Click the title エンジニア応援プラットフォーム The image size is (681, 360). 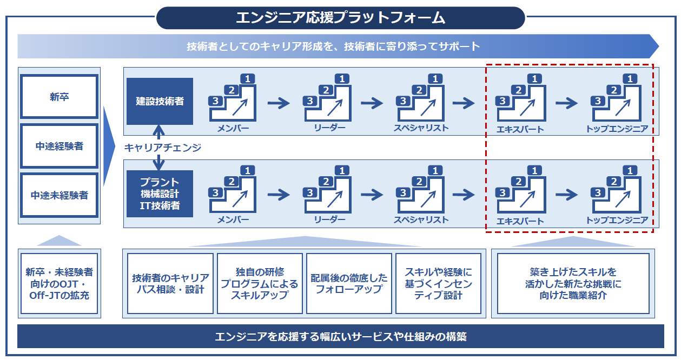tap(340, 18)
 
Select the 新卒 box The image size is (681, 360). tap(59, 97)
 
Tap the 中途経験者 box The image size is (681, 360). tap(59, 146)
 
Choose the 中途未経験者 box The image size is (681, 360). tap(59, 195)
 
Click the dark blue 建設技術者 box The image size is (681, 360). tap(159, 101)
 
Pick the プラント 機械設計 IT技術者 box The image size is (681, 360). tap(159, 194)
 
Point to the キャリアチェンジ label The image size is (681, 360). tap(162, 147)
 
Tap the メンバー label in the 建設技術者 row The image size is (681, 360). tap(233, 129)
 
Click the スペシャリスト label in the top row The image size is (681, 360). tap(421, 128)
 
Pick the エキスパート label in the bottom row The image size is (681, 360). tap(520, 221)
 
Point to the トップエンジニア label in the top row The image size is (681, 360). tap(617, 129)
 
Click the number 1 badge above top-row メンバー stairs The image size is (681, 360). tap(248, 79)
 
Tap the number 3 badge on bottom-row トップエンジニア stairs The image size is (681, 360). tap(598, 192)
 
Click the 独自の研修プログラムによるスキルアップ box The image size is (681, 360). tap(260, 283)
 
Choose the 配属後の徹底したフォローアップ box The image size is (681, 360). tap(349, 283)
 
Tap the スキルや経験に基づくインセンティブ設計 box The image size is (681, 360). tap(438, 283)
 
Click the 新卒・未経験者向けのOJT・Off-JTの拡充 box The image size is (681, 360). tap(59, 283)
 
